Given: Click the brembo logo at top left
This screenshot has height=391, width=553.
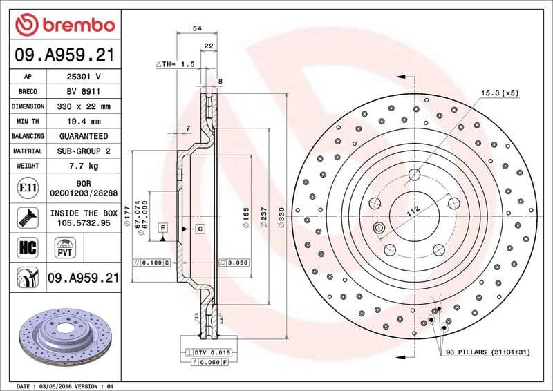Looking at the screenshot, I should point(64,25).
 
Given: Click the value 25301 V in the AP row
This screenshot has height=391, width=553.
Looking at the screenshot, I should point(84,77).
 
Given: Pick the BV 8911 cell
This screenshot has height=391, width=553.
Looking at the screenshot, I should point(84,91).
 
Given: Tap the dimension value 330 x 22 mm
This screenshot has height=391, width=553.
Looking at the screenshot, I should point(84,106).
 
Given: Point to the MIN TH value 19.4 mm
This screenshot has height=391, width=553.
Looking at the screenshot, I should point(84,121).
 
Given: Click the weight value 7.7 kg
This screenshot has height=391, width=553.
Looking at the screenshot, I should point(84,166).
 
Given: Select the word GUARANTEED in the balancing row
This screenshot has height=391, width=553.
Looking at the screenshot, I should point(84,136).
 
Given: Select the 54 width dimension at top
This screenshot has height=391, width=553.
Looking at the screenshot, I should point(197,28).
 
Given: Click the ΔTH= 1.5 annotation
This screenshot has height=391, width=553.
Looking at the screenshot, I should point(176,64).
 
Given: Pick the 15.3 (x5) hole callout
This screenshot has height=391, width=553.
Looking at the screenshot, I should point(500,93).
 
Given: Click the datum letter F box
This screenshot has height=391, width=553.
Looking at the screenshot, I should point(162,227).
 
